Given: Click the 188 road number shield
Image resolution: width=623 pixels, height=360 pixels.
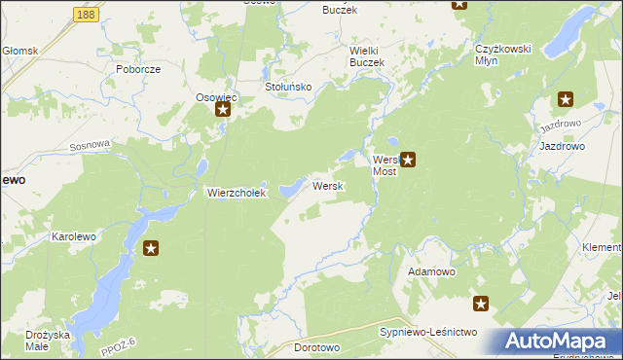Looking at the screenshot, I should [x=86, y=16].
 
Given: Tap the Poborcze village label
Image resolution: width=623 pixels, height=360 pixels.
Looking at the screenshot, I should [x=137, y=70].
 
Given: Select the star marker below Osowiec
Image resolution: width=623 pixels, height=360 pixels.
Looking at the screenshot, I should [x=223, y=110].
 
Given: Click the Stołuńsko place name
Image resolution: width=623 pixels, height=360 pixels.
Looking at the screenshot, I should [x=287, y=87].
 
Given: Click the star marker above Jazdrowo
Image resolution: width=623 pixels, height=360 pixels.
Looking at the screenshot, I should [x=566, y=98].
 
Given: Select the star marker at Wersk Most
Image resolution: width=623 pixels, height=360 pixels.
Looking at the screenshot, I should [x=409, y=159].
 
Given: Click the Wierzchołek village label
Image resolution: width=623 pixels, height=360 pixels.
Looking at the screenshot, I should [x=236, y=193].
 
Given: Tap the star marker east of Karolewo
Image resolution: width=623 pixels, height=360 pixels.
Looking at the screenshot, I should [x=151, y=249].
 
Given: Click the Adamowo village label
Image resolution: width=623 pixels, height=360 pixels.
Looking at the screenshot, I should [x=432, y=271].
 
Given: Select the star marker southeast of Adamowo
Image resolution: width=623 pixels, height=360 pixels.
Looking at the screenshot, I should [x=481, y=304].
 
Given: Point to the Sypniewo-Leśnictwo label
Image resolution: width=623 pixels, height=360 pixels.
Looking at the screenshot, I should [x=427, y=333].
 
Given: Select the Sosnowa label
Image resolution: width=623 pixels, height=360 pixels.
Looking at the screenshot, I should [x=91, y=145].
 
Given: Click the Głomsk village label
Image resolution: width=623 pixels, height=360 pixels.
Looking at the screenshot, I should [x=19, y=51].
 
